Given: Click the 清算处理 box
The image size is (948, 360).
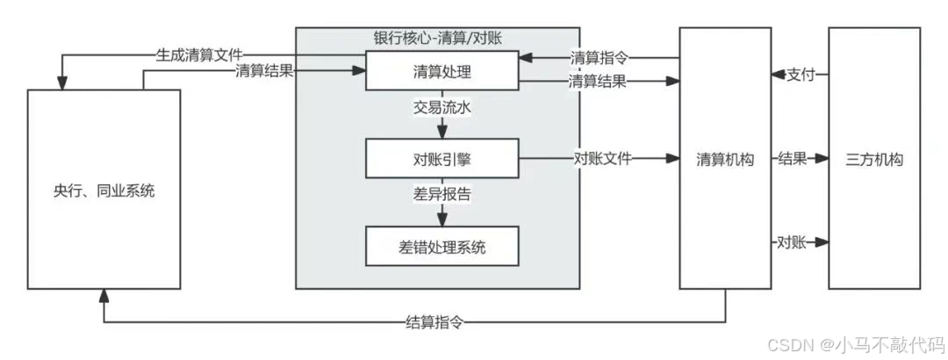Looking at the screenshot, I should pyautogui.click(x=441, y=70).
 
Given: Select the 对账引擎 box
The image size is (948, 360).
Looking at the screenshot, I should pyautogui.click(x=441, y=158).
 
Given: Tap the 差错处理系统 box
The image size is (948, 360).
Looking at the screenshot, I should pyautogui.click(x=441, y=247).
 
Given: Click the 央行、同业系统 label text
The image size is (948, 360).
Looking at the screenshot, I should pyautogui.click(x=103, y=190).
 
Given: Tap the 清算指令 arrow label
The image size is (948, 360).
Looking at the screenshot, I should pyautogui.click(x=598, y=59).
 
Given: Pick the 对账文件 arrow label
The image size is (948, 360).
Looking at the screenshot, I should pyautogui.click(x=603, y=159).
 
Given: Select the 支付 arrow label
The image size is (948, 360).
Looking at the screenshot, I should pyautogui.click(x=801, y=75).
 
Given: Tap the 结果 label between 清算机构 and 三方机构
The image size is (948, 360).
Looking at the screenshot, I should pyautogui.click(x=793, y=159).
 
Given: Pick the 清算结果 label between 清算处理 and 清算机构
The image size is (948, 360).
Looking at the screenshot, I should pyautogui.click(x=598, y=82).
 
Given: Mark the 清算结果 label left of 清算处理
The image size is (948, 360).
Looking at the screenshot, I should pyautogui.click(x=263, y=72).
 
